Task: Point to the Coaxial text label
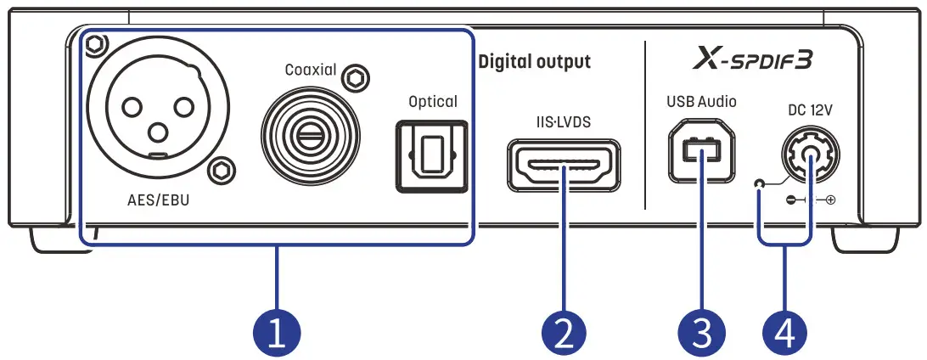311,70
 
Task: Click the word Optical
433,102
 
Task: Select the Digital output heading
535,62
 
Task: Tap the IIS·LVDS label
564,121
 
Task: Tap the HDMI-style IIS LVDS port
564,165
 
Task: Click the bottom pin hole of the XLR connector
157,132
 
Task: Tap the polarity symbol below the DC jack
807,201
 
